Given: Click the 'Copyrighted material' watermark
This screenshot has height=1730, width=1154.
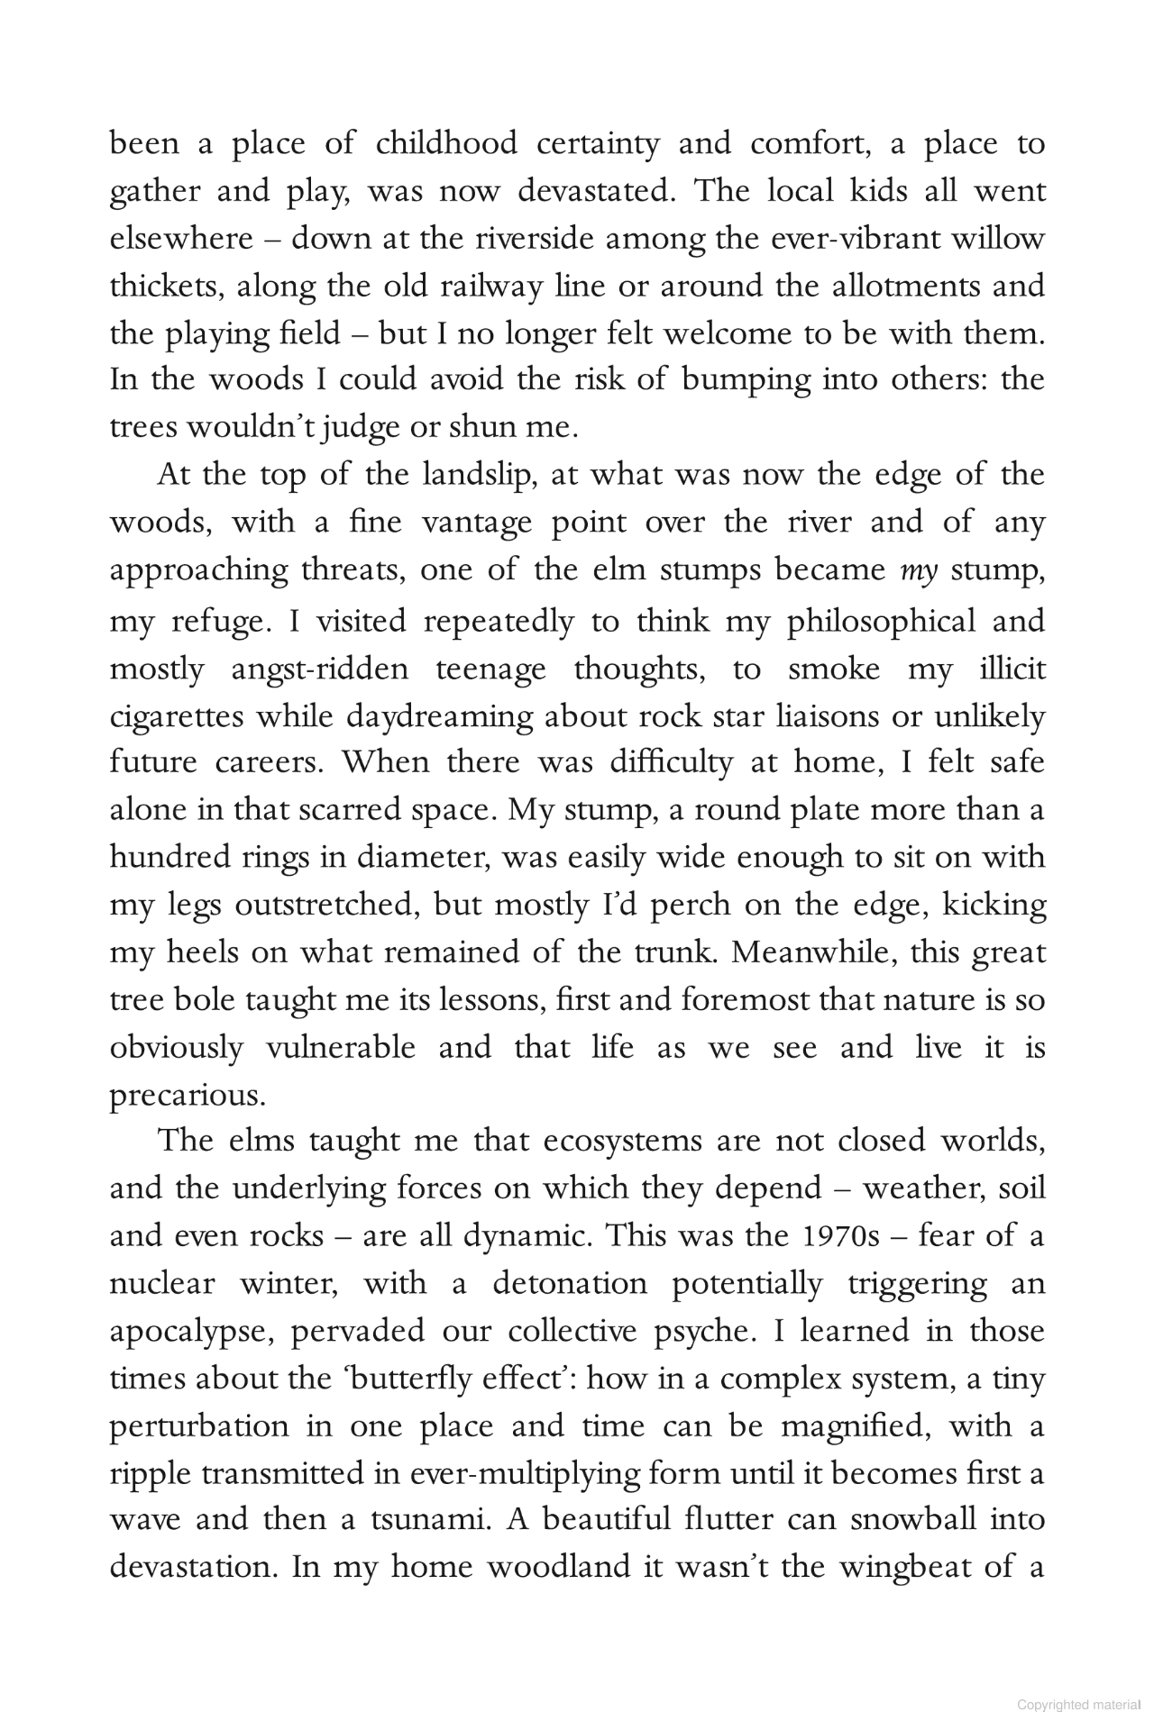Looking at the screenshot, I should click(1078, 1705).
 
